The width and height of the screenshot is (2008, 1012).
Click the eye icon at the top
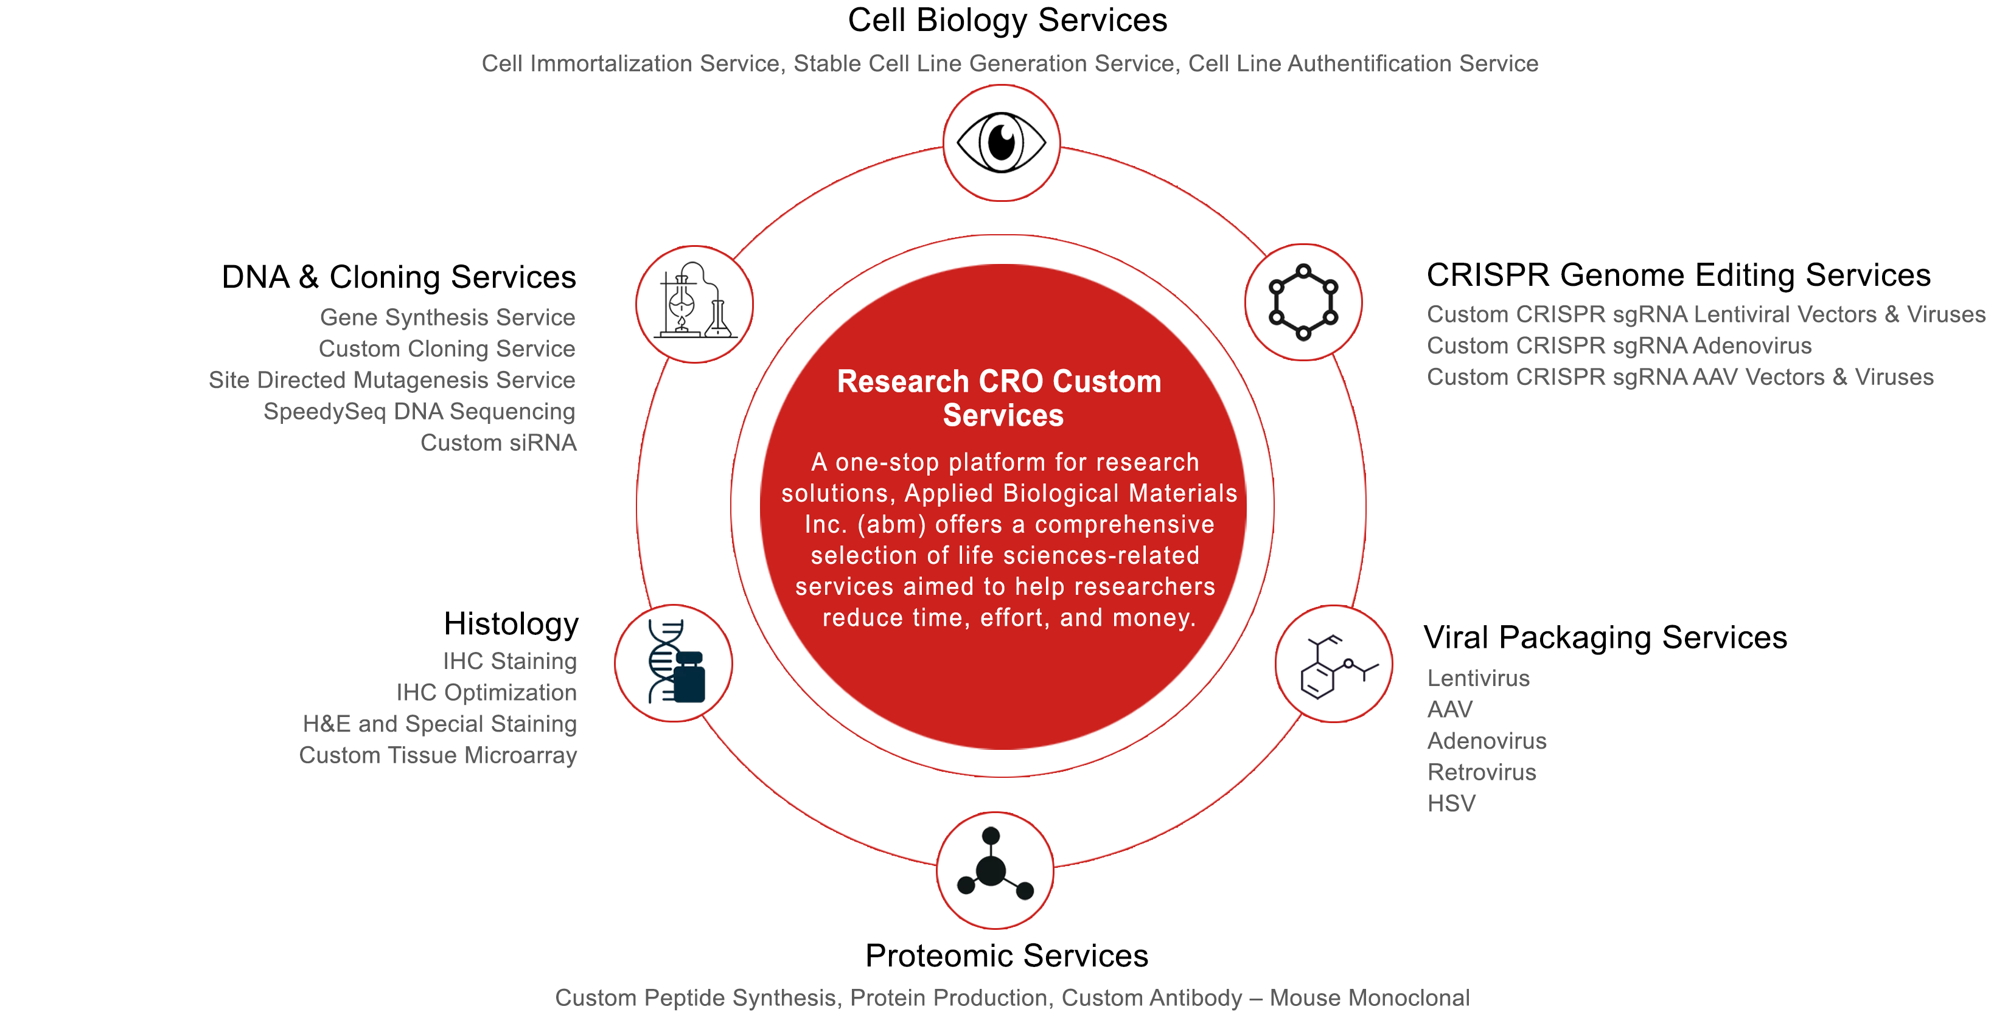(x=1002, y=142)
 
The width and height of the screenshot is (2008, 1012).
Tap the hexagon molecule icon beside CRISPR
(x=1303, y=302)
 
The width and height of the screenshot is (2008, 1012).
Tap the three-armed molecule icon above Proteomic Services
(x=995, y=865)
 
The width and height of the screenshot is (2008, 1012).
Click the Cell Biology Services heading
(x=1007, y=20)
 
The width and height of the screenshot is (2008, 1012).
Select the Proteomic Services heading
(x=1006, y=956)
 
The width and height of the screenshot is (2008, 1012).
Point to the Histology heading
(x=511, y=624)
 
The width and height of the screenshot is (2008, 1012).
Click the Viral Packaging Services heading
(x=1605, y=637)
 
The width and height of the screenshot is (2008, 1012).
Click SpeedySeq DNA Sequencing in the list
(x=419, y=411)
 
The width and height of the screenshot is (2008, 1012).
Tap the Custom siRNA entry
(x=498, y=443)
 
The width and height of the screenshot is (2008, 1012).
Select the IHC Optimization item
(x=486, y=693)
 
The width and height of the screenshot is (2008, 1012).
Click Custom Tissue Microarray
(x=438, y=755)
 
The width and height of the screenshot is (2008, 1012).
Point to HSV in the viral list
(x=1451, y=803)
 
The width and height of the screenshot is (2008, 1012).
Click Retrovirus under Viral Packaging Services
(x=1482, y=772)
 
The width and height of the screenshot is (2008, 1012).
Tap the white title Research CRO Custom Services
(x=1000, y=398)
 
